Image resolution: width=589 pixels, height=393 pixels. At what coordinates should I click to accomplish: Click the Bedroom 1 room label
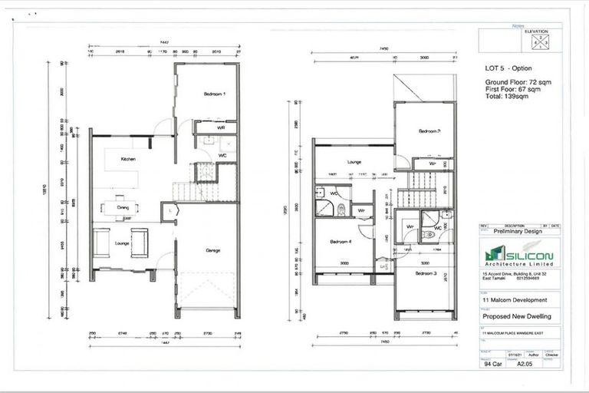pos(214,94)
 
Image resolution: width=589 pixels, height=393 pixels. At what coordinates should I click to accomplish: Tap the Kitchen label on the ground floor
pos(128,159)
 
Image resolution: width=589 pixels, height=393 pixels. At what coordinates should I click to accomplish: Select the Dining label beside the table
pos(123,206)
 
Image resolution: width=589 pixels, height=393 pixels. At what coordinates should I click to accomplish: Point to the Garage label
pos(213,249)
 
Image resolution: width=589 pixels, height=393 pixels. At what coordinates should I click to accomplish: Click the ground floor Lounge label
pos(121,243)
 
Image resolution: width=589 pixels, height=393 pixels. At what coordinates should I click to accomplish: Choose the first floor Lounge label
pos(354,163)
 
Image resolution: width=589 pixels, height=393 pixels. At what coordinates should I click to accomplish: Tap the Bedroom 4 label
pos(341,241)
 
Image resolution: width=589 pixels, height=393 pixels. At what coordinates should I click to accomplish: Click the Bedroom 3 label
pos(429,273)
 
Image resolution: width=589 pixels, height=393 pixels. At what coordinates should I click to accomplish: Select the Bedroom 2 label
pos(429,131)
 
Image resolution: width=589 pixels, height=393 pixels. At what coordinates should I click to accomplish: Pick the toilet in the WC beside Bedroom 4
pos(339,207)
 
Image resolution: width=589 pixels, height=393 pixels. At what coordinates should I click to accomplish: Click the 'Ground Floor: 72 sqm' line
pos(513,82)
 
